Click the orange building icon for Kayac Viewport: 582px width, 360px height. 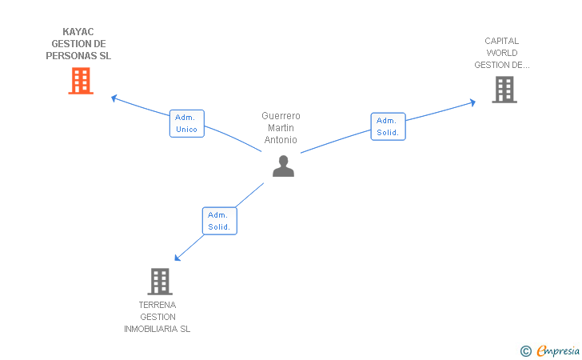(81, 81)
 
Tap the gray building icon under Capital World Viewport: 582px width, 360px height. (504, 90)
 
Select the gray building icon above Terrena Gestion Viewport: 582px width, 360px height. (160, 282)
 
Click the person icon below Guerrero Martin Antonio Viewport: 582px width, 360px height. (283, 166)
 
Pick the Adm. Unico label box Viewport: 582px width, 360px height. (187, 123)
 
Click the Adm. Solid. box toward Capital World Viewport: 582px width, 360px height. (388, 126)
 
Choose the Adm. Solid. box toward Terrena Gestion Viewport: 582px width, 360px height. (219, 221)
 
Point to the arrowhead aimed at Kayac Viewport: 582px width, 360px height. (114, 98)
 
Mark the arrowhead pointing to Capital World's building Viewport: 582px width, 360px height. (472, 102)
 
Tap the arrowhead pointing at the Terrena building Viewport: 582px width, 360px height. (177, 258)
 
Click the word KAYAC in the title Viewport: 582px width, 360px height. (78, 31)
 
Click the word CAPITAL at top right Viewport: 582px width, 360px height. (501, 41)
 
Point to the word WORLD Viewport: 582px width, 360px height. (502, 53)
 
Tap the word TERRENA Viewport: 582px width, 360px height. (157, 305)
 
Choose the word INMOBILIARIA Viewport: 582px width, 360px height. (151, 329)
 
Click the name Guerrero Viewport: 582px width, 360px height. (281, 116)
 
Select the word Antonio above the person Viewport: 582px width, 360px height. (281, 140)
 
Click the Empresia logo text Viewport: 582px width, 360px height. (558, 350)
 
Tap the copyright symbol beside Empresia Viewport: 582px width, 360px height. (526, 351)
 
